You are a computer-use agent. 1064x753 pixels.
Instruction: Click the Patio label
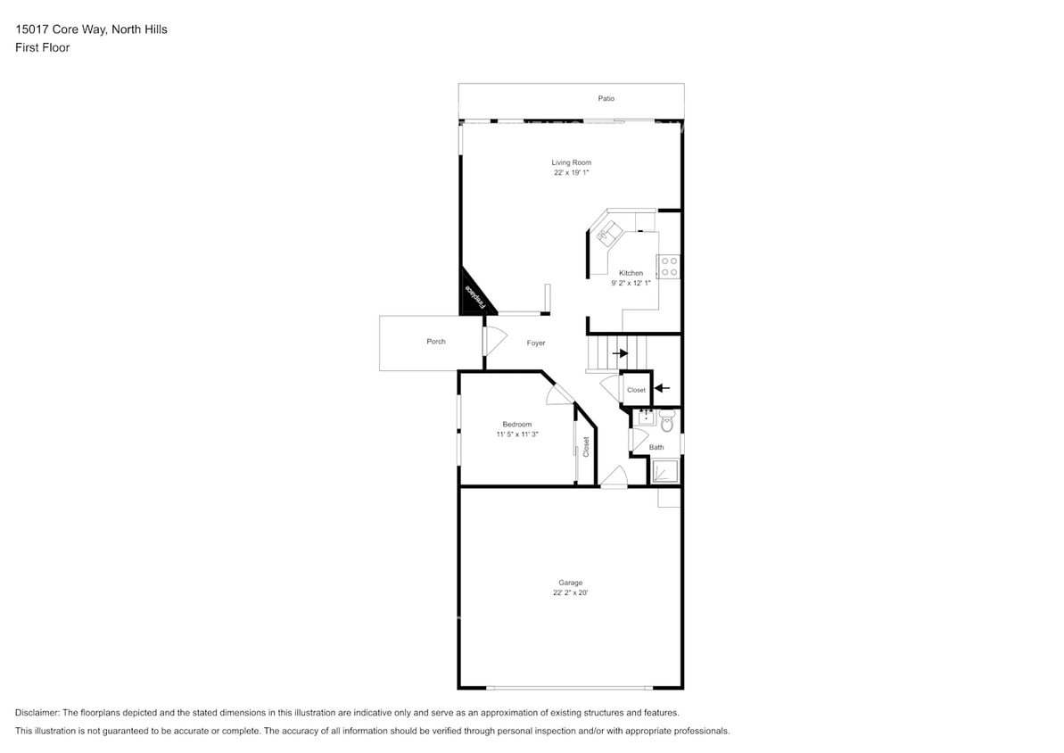coord(606,98)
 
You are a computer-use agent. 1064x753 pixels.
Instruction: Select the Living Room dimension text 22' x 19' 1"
coord(571,172)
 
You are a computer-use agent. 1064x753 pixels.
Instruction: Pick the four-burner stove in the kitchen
coord(669,266)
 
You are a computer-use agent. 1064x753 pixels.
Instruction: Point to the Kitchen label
coord(631,273)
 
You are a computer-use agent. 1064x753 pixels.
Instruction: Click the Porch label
coord(436,342)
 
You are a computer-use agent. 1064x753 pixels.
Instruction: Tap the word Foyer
coord(535,343)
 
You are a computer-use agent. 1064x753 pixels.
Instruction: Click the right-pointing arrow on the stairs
coord(620,353)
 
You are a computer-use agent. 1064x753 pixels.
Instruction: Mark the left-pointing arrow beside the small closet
coord(661,388)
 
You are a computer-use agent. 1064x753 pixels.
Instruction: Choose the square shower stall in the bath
coord(664,471)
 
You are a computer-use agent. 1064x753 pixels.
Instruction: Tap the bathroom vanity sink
coord(645,417)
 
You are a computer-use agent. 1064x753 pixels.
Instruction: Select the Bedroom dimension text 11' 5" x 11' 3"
coord(517,434)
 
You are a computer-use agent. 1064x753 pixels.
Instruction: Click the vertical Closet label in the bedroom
coord(586,446)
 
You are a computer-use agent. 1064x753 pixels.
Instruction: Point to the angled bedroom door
coord(560,393)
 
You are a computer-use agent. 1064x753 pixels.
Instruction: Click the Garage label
coord(571,583)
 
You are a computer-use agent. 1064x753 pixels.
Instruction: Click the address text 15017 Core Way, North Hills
coord(91,29)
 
